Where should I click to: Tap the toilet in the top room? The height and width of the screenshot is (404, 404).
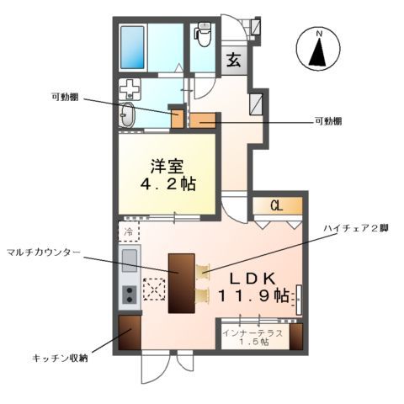203,36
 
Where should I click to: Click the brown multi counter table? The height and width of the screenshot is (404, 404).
181,283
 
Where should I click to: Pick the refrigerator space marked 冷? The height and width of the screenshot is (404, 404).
129,231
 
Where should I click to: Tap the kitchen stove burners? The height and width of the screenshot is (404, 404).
130,294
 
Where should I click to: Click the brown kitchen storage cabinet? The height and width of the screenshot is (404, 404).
129,334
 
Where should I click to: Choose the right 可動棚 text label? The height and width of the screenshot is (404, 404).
327,121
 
